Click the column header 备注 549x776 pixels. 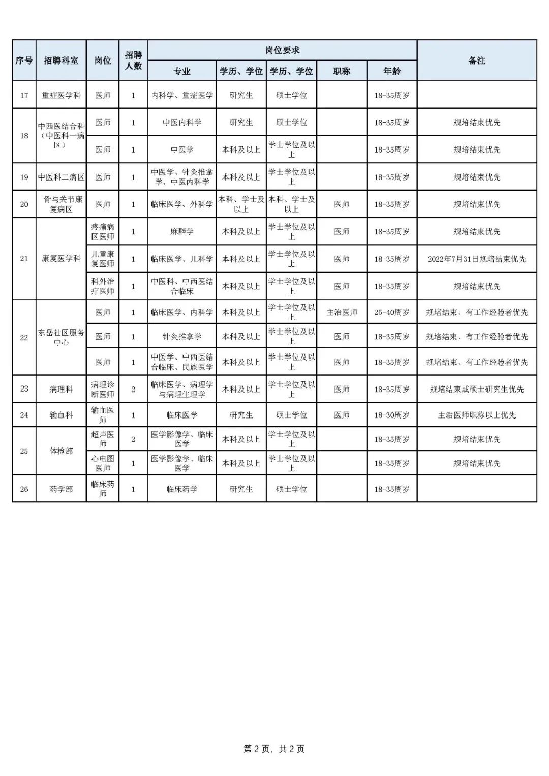point(477,61)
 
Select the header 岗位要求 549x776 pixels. point(282,50)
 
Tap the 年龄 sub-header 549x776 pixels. point(392,71)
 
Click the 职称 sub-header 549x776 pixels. point(342,71)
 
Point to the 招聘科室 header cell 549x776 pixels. point(61,61)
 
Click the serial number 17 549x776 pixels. point(24,95)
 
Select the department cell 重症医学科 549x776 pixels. point(61,95)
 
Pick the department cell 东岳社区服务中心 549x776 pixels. point(61,337)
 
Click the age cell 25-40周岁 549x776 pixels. point(392,312)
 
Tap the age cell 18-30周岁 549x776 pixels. point(392,415)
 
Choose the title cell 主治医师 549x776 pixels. point(342,312)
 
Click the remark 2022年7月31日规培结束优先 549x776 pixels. point(477,259)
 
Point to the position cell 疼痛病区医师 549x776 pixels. point(103,232)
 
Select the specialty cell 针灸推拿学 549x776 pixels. point(182,336)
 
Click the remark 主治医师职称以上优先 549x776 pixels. point(477,415)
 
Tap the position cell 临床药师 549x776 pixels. point(103,489)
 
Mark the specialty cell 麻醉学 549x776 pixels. point(182,232)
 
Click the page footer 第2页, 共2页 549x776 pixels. point(274,749)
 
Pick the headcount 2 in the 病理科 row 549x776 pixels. point(133,389)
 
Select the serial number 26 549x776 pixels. point(24,489)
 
